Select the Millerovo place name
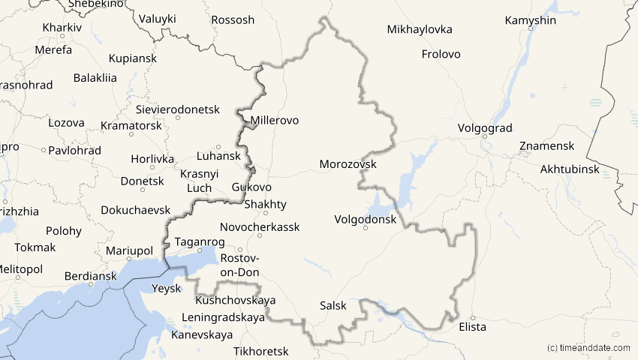click(x=275, y=120)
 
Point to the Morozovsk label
click(x=348, y=163)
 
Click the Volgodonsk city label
click(x=366, y=220)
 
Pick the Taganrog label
click(x=200, y=241)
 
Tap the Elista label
click(x=472, y=327)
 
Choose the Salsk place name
click(x=333, y=306)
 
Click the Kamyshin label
click(x=531, y=20)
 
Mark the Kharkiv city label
click(x=62, y=27)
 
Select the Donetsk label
click(x=142, y=181)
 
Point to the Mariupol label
click(x=129, y=250)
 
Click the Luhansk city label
click(x=218, y=156)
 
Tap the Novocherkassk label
click(x=260, y=226)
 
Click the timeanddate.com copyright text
click(x=589, y=348)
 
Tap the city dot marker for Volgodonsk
click(x=366, y=228)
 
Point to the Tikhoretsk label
click(x=261, y=351)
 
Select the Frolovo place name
click(x=441, y=54)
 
